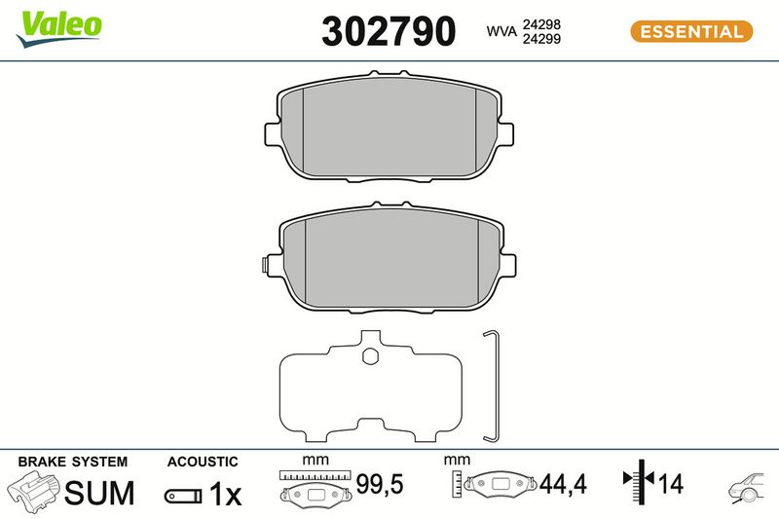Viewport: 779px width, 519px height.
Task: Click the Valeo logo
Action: coord(59,29)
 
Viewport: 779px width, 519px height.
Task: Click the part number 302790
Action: coord(389,31)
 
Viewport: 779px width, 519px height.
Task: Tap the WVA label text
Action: coord(501,31)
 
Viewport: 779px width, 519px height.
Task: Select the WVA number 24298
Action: coord(541,24)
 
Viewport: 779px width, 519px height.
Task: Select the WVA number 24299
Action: coord(541,39)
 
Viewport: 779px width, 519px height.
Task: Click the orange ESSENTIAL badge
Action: coord(691,32)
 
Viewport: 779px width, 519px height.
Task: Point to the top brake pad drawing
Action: coord(389,127)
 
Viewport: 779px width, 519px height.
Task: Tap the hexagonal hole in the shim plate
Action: coord(370,355)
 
